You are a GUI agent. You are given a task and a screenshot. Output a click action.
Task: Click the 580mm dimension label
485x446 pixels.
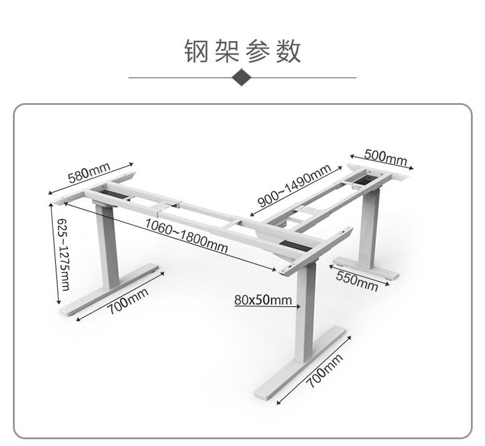point(89,174)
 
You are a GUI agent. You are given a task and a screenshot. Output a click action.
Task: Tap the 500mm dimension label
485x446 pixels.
point(386,156)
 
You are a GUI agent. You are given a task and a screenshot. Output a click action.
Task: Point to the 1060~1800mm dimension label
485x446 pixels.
point(186,236)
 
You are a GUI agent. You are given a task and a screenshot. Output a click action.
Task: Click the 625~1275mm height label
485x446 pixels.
point(63,254)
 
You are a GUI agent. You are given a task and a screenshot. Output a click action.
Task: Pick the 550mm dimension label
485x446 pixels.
point(357,280)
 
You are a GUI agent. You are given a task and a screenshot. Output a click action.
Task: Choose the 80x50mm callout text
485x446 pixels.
point(262,300)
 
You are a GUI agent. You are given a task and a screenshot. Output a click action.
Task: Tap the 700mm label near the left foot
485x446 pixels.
point(129,301)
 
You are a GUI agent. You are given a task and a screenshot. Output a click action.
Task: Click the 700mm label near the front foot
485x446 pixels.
point(324,371)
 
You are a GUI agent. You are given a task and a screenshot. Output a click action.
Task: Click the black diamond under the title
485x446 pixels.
point(243,78)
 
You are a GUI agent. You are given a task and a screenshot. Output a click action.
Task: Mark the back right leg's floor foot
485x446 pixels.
point(365,269)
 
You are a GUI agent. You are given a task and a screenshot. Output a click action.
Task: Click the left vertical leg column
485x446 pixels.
point(105,245)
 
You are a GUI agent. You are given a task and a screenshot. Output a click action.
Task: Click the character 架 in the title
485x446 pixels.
point(227,51)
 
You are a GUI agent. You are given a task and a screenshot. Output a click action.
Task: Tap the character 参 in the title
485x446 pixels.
point(258,51)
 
